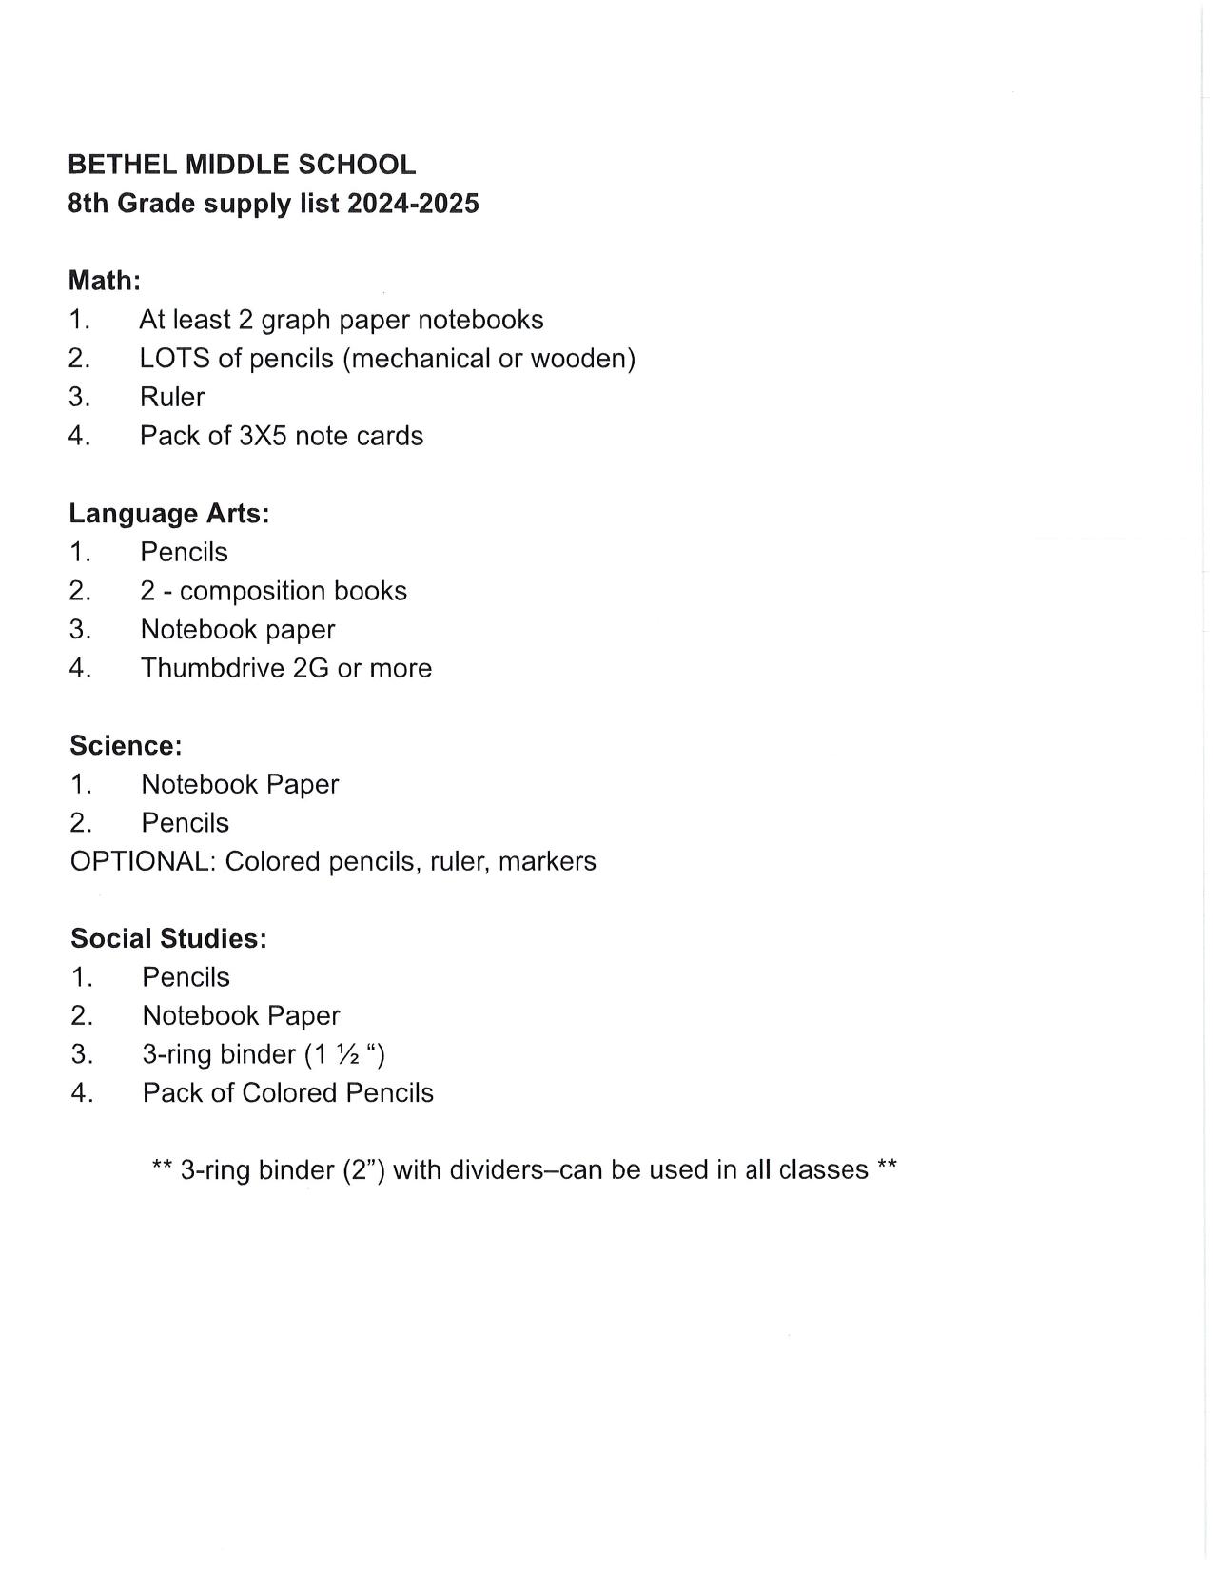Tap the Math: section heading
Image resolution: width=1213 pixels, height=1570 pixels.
click(105, 281)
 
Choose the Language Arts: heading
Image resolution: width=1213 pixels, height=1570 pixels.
click(169, 514)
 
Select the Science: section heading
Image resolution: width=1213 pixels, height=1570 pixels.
click(126, 746)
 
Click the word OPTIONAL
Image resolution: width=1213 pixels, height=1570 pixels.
click(143, 862)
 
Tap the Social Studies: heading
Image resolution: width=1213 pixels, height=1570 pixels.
click(168, 939)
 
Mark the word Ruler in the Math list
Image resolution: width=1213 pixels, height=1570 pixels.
click(172, 398)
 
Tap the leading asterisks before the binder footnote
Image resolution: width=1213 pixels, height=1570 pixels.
click(162, 1167)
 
